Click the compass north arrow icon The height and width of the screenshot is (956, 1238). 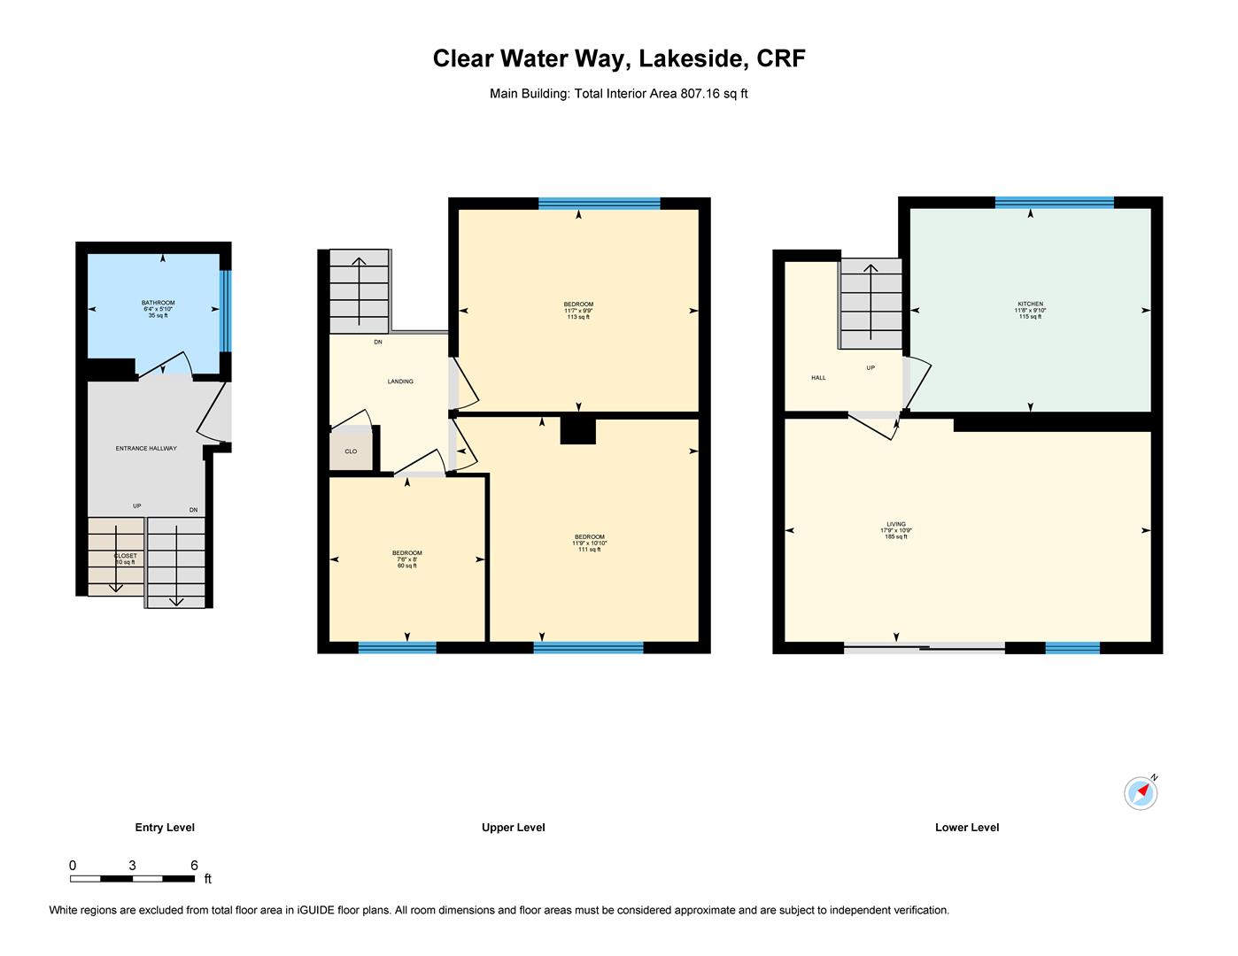tap(1141, 792)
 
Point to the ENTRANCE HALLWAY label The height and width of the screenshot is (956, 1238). tap(146, 448)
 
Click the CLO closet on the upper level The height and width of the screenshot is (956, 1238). tap(351, 451)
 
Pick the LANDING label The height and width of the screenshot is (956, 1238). tap(400, 382)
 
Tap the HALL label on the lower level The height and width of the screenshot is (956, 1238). tap(818, 378)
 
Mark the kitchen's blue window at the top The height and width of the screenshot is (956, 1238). tap(1054, 203)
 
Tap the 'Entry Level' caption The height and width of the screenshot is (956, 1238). tap(165, 828)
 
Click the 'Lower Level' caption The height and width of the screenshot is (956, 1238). tap(967, 828)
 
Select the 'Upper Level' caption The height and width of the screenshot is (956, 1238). tap(514, 828)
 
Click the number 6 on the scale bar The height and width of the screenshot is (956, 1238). tap(194, 865)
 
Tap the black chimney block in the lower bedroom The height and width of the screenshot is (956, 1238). tap(578, 430)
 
